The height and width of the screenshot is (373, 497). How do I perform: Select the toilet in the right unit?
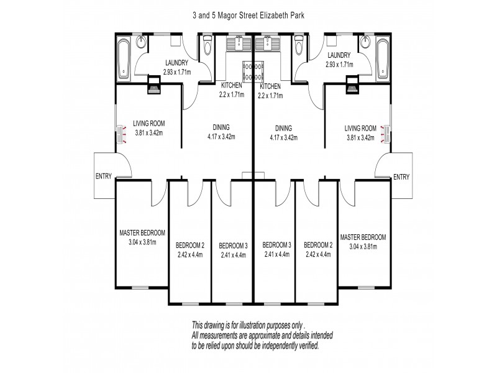pos(299,46)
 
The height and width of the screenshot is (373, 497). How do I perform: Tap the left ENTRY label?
pos(104,176)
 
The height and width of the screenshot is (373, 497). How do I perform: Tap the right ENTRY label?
pos(402,177)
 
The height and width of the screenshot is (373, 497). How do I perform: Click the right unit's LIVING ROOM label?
pos(361,129)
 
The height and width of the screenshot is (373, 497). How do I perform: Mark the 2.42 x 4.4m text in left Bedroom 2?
pos(190,254)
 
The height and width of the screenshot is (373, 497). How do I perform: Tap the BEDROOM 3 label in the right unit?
pos(276,244)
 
